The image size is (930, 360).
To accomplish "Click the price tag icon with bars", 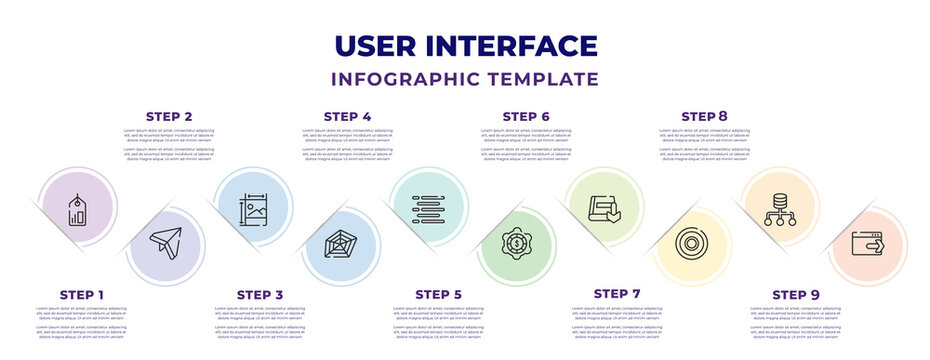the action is click(76, 210).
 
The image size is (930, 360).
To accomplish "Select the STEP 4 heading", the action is click(347, 117).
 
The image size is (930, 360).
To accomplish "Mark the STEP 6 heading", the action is click(525, 117).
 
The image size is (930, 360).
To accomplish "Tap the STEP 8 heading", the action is click(704, 117).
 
